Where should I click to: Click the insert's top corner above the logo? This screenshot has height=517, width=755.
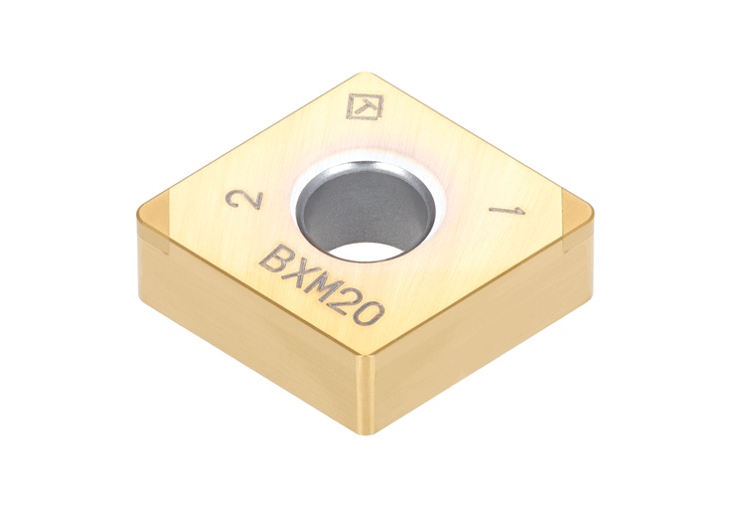(364, 75)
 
